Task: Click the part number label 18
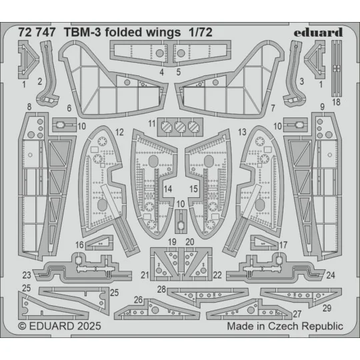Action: point(336,102)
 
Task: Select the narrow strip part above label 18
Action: point(336,67)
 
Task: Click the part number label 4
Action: point(162,71)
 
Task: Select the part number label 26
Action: point(139,299)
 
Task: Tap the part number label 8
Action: point(29,107)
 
